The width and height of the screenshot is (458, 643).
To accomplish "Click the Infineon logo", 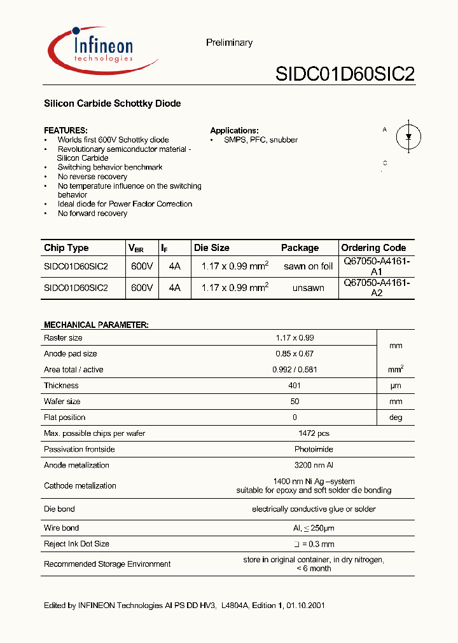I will pos(102,50).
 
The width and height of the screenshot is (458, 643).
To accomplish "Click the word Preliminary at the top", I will pos(229,43).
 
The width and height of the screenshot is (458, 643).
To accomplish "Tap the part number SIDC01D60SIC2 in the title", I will pos(345,74).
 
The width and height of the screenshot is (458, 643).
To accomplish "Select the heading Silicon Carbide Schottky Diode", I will pos(112,104).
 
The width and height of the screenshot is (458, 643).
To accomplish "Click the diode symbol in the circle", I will pos(408,136).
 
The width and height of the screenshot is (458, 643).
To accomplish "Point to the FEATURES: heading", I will pos(66,130).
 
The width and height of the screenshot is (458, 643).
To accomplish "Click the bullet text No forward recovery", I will pos(92,213).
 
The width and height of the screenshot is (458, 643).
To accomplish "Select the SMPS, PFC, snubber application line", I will pos(261,140).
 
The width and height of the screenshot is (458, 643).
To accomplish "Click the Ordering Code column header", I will pos(373,248).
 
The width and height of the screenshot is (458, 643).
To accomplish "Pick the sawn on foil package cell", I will pos(309,266).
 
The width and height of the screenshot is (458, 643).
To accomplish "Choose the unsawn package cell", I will pos(309,288).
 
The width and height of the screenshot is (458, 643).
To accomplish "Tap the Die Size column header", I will pos(212,248).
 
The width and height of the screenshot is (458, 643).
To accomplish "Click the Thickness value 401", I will pos(294,386).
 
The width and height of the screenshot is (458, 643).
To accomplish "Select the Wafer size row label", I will pos(62,402).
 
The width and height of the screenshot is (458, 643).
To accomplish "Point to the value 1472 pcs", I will pos(314,433).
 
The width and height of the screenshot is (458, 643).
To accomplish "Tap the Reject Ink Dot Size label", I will pos(76,544).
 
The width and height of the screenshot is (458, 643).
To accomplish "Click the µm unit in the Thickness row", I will pos(396,386).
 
